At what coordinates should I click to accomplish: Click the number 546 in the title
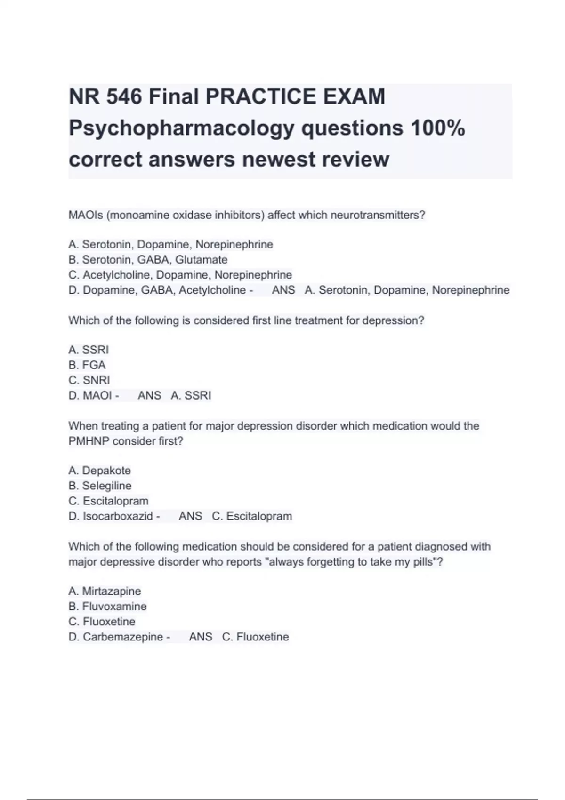[x=124, y=96]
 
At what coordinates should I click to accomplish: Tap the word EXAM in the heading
[x=354, y=96]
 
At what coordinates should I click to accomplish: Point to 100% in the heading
[x=437, y=128]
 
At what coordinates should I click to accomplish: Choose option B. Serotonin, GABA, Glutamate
[x=148, y=260]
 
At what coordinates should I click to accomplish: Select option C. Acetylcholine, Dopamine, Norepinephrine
[x=180, y=275]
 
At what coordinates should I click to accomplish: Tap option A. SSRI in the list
[x=89, y=350]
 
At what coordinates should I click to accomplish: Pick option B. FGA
[x=87, y=365]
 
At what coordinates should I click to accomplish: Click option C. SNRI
[x=89, y=380]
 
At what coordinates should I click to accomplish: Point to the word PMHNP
[x=89, y=441]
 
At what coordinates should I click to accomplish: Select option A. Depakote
[x=100, y=471]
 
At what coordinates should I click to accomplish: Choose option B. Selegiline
[x=100, y=486]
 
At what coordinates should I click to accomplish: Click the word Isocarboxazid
[x=118, y=516]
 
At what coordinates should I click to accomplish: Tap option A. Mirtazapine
[x=105, y=591]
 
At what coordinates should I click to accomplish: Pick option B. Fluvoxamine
[x=107, y=606]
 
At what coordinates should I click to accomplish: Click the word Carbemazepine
[x=123, y=637]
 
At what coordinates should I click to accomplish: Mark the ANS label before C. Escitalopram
[x=190, y=516]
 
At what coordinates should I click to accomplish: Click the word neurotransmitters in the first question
[x=378, y=215]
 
